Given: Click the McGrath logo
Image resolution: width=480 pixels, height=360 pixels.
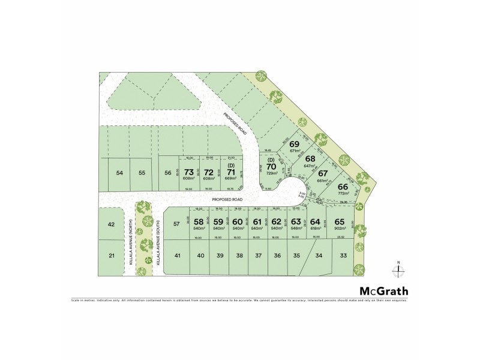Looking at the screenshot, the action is click(380, 290).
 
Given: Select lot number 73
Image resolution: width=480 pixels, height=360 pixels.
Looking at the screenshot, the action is click(189, 172).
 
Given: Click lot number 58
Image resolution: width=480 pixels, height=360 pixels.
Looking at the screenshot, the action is click(199, 221).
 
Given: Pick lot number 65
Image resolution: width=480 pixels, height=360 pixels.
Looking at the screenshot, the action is click(340, 221).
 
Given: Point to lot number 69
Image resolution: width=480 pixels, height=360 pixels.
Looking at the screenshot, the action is click(294, 145).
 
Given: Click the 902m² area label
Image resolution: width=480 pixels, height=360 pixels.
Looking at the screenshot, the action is click(340, 228).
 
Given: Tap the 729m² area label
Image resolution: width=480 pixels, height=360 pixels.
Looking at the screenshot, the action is click(271, 173).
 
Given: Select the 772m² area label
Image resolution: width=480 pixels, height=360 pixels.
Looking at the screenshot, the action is click(343, 194).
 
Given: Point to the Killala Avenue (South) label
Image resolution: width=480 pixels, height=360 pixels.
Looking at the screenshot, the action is click(158, 243).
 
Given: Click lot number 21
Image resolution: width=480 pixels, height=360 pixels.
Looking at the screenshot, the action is click(112, 256).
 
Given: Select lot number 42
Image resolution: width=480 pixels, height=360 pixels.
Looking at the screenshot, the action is click(111, 224).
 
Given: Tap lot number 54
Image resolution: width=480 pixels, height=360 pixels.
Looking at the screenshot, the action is click(119, 173).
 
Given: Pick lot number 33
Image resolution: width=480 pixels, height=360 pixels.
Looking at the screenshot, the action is click(344, 256).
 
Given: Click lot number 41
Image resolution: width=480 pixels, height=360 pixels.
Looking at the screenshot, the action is click(178, 256).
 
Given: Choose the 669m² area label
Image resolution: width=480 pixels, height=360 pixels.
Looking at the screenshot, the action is click(230, 179).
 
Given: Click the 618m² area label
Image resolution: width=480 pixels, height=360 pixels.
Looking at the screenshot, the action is click(316, 228).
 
